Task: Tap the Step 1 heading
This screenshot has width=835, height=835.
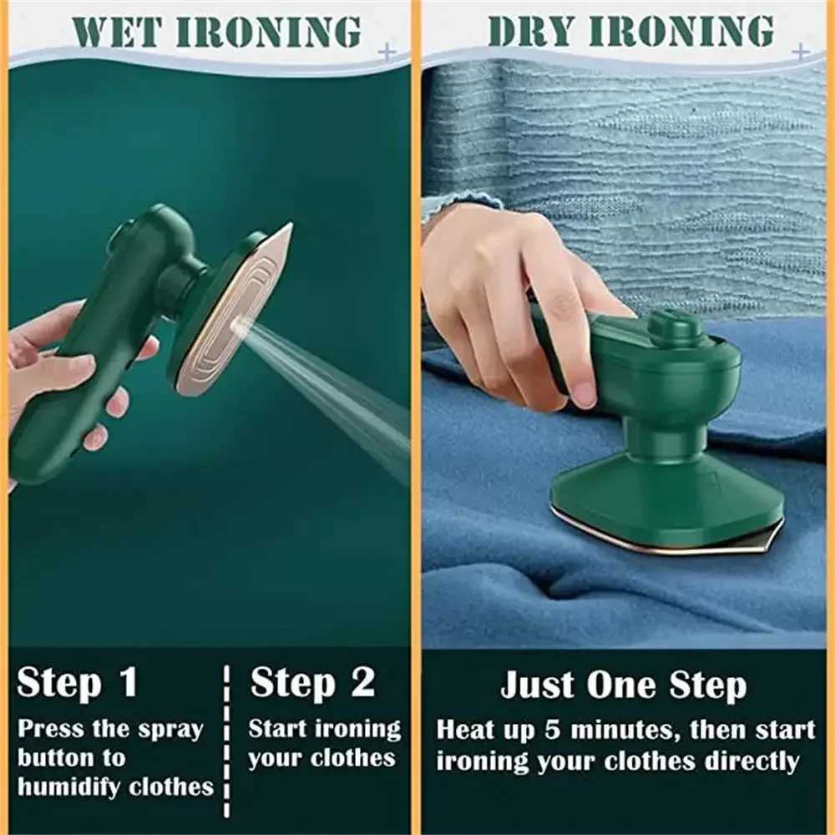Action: (77, 683)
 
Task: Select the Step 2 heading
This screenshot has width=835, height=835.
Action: (312, 683)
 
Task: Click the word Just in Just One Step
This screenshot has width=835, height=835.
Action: (538, 686)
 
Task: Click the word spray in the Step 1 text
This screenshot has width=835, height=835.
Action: (170, 730)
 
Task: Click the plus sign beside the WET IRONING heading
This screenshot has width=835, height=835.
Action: (386, 53)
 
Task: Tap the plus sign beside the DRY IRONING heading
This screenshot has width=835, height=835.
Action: (799, 53)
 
